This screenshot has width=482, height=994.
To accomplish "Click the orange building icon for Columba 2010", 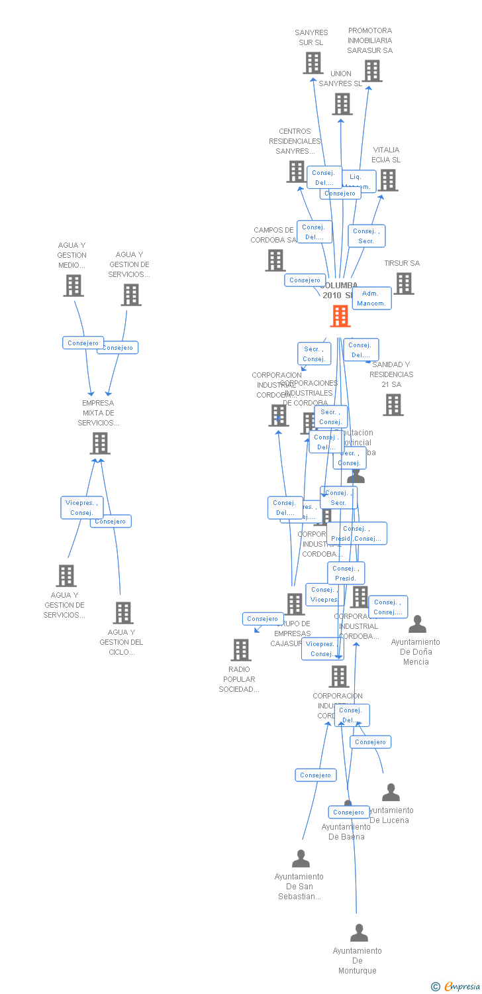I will [x=340, y=316].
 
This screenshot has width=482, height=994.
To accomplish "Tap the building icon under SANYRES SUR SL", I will [x=313, y=63].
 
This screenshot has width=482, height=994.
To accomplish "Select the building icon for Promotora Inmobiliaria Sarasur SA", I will [x=371, y=71].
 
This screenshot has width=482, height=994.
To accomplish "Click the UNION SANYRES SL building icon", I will [x=342, y=104].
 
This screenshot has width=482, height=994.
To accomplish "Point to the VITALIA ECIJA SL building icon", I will [x=387, y=180].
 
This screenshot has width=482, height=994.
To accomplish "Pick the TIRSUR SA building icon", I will [x=403, y=284].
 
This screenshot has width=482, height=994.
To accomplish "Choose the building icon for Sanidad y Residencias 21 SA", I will [x=393, y=404].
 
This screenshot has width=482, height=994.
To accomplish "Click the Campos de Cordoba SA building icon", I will [x=275, y=260].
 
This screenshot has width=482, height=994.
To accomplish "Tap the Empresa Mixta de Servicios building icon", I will [x=100, y=443].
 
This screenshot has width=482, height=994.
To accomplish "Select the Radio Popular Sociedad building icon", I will [x=241, y=649].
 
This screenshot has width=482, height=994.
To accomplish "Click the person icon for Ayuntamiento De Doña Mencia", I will [x=417, y=624].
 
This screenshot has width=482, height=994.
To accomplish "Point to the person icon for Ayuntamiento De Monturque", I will [x=359, y=933].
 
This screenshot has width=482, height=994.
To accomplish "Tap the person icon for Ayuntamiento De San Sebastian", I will [x=301, y=859].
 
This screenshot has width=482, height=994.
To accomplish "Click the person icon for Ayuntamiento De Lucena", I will [x=391, y=793].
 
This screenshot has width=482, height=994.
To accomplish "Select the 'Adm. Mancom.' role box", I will [x=371, y=298].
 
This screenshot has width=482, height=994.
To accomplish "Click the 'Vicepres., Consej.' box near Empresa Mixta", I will [x=82, y=508].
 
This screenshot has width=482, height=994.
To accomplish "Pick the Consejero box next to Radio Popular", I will [x=263, y=619].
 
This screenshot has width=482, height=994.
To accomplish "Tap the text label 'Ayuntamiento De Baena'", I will [x=346, y=832].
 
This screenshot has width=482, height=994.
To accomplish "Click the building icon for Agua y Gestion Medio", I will [x=73, y=286].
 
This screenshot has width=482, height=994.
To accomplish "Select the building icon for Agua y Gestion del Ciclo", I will [x=123, y=613].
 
